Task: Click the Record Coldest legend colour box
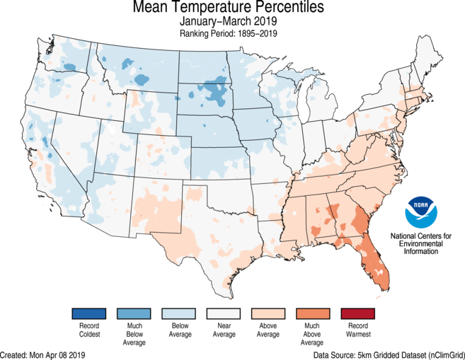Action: (88, 313)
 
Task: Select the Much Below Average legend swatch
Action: (134, 313)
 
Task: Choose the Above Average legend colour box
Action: (268, 313)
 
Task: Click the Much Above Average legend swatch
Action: (312, 313)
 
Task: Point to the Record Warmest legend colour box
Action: (357, 313)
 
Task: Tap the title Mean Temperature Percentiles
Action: (233, 8)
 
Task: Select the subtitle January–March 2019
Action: (233, 21)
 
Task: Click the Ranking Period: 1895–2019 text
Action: (233, 33)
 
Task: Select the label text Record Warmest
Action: (357, 330)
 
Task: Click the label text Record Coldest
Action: (88, 330)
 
